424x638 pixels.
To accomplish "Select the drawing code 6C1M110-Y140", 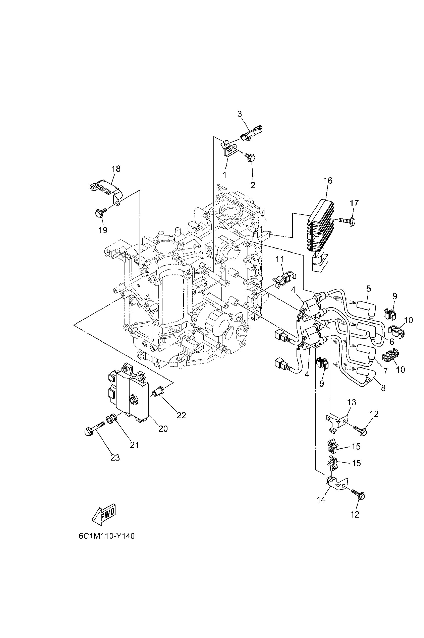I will point(106,536).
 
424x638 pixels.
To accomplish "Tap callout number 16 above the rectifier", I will point(328,181).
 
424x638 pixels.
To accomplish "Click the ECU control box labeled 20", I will point(128,391).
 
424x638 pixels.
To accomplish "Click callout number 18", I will point(116,169).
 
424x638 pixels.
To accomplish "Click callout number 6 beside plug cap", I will point(392,341).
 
